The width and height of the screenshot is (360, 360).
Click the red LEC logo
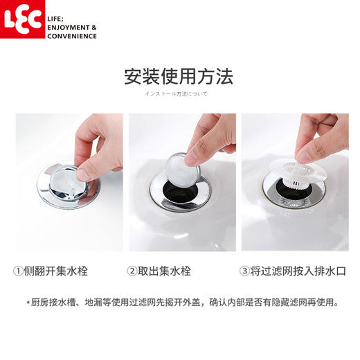[19, 19]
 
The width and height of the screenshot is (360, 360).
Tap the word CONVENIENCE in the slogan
[72, 36]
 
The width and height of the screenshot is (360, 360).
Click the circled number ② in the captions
[133, 271]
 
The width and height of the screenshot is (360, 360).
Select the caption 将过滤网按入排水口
[300, 271]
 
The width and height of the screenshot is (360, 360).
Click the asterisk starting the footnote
[28, 303]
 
